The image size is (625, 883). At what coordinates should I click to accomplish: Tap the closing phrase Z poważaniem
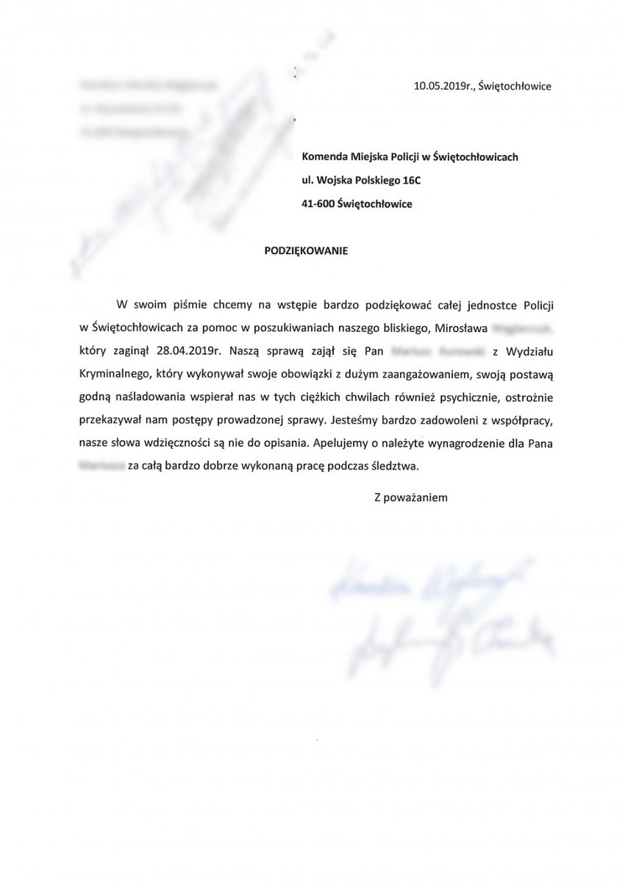click(411, 497)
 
